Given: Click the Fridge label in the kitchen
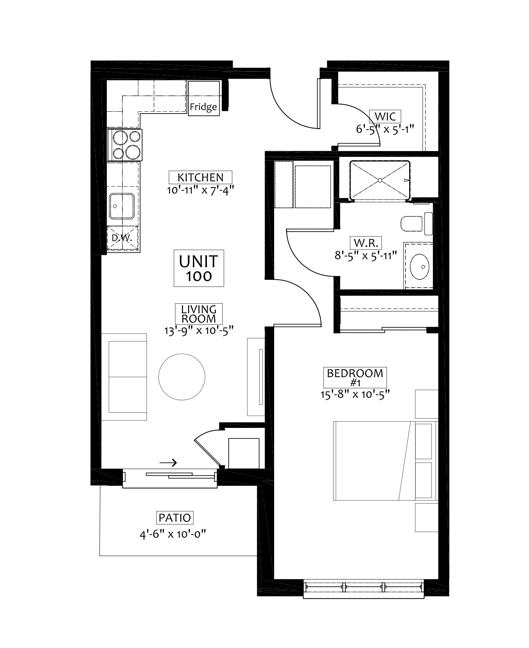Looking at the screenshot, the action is click(203, 107).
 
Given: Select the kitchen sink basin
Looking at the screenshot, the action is click(121, 206).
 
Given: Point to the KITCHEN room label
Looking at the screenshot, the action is click(200, 177).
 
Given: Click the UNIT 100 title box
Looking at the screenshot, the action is click(199, 268).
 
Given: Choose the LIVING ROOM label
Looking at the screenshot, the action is click(199, 314).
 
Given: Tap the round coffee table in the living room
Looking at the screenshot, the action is click(182, 377).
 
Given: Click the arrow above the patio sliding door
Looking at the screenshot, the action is click(168, 462).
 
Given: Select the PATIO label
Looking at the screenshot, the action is click(175, 517).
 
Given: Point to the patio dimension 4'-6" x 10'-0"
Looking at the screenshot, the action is click(173, 534).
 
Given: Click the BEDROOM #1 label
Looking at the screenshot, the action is click(355, 377).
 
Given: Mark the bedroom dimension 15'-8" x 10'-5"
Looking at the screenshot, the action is click(355, 395).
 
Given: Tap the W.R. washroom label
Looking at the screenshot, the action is click(366, 243).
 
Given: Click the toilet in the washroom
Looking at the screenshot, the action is click(417, 223).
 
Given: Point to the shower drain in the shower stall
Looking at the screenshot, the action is click(380, 180).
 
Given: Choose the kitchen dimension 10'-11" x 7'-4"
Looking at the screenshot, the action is click(201, 190).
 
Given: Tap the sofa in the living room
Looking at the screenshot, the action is click(124, 377).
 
